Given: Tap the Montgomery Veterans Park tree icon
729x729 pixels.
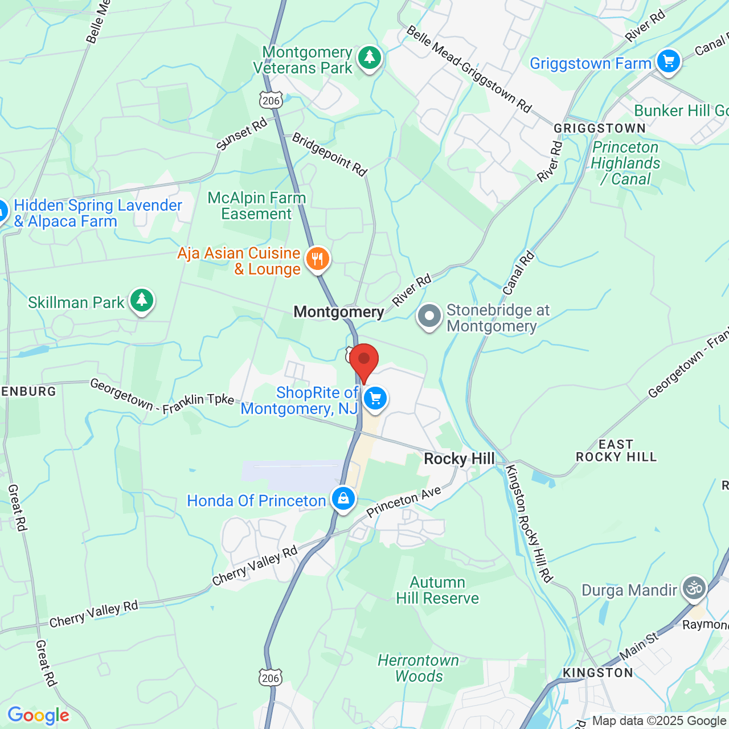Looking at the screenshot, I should coord(370,58).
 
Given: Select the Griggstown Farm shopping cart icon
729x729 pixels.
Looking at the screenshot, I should coord(668,61).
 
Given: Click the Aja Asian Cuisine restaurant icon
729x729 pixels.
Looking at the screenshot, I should coord(317,260).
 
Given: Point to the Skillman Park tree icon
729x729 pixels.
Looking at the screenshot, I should coord(141,300).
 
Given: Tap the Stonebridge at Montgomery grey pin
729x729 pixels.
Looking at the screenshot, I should coord(429,316).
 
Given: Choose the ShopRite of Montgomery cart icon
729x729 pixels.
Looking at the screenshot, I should coord(375,399).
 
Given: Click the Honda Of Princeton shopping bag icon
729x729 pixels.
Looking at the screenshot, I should coord(343,499).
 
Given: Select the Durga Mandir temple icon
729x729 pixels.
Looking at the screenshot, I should coord(694,587).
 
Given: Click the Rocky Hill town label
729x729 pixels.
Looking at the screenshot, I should coord(459,459).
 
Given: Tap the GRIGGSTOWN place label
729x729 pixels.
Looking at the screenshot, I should coord(600,128).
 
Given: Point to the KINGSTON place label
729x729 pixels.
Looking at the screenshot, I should coord(597,673).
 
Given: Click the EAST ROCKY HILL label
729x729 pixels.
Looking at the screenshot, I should coord(616,450).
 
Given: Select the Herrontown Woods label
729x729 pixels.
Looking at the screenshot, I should coord(419,668).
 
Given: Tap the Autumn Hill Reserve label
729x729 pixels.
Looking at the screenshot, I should coord(437,590).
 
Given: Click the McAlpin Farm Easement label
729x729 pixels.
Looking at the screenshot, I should coord(257,206).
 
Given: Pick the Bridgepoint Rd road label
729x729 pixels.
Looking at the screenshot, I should coord(330,154).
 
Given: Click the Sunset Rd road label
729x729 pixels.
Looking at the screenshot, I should coord(241,134).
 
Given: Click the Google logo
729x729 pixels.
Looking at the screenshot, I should coord(39,715).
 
